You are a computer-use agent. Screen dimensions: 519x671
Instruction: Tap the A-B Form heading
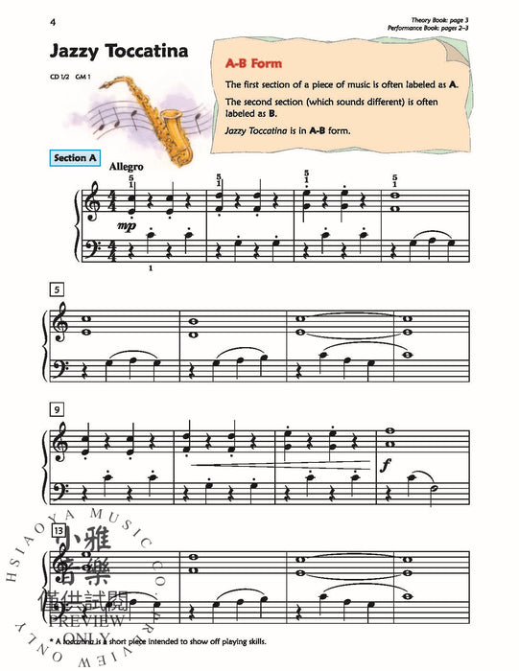pyautogui.click(x=252, y=63)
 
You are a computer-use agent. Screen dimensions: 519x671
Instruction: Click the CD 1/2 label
pyautogui.click(x=62, y=76)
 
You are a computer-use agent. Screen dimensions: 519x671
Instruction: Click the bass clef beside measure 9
pyautogui.click(x=62, y=487)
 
